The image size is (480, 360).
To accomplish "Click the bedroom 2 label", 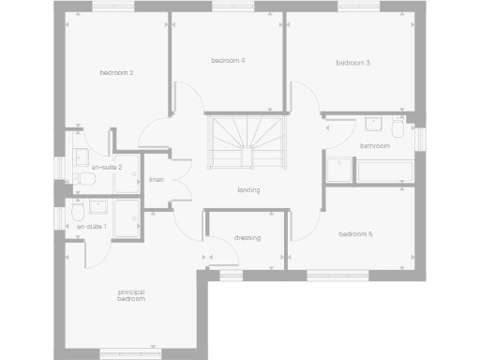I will (117, 72).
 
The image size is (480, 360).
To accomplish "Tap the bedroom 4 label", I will (228, 61).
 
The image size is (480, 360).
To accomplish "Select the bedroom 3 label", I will (353, 63).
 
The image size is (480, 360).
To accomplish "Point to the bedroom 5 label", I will (356, 233).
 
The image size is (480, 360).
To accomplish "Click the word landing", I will (248, 190).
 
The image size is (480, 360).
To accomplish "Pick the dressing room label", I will (247, 237).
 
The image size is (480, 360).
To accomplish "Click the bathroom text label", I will (374, 146).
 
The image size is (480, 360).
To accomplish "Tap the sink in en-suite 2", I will (82, 156).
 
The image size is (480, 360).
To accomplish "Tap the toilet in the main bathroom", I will (399, 127).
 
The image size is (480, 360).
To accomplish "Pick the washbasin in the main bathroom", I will (372, 122).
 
